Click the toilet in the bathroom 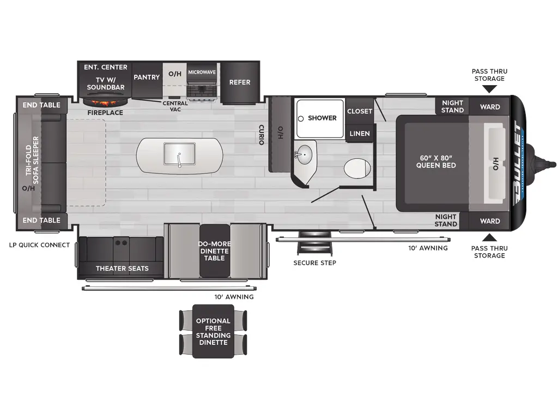click(357, 167)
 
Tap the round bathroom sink click(306, 155)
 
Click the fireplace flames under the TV click(106, 102)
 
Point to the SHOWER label click(322, 118)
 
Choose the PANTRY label click(147, 77)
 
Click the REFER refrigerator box click(240, 82)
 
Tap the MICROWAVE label click(202, 72)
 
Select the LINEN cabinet click(359, 134)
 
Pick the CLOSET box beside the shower click(360, 111)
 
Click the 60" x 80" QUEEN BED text click(436, 161)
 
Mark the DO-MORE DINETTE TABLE click(214, 250)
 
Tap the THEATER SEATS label click(122, 268)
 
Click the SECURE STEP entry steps click(314, 246)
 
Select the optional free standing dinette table click(213, 331)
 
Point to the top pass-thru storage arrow click(489, 89)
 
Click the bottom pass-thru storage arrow click(489, 237)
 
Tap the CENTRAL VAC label click(175, 106)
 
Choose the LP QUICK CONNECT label click(39, 245)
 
